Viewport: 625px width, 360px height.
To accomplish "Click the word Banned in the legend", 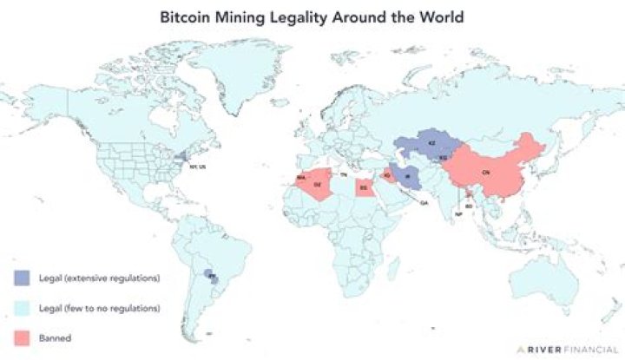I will [55, 337].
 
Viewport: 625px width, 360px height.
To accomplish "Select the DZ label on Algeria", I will [317, 185].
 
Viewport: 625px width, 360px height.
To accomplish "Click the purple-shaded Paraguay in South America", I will [209, 277].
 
